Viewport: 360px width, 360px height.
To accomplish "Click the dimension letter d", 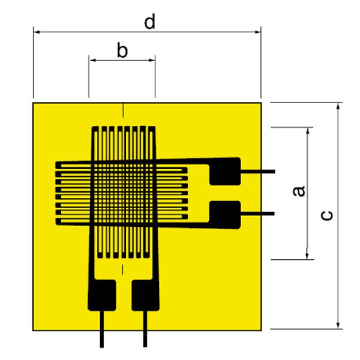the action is coord(149,22).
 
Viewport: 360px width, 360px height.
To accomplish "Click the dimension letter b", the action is coord(122,50).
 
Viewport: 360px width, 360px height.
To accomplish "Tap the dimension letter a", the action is coord(299,191).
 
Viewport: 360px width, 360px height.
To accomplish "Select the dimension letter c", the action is coord(326,215).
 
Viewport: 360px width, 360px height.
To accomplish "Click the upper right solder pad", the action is coord(225,171).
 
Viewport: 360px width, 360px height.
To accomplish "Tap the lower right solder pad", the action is coord(225,215).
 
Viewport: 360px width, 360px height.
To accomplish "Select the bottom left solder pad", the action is coord(102,295).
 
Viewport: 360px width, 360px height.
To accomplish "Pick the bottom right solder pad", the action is coord(145,295).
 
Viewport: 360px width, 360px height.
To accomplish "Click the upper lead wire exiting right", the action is coord(258,172).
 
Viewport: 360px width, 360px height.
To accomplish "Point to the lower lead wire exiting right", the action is coord(257,214).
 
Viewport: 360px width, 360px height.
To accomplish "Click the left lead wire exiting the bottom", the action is coord(102,329).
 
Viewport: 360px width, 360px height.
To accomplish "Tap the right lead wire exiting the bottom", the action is coord(145,329).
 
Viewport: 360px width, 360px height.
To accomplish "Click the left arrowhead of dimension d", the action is coord(37,32).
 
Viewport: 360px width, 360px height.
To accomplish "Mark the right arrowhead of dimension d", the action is coord(257,32).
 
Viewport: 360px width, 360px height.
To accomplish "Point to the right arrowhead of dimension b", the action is coord(152,61).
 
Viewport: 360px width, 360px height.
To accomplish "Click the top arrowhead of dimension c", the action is coord(338,106).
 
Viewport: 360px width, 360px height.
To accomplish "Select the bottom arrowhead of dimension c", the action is coord(338,325).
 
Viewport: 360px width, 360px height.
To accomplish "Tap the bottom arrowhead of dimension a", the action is coord(307,256).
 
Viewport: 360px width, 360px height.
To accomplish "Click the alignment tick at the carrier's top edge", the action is coord(123,110).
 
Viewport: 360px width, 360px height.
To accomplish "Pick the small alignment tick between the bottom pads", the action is coord(122,269).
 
